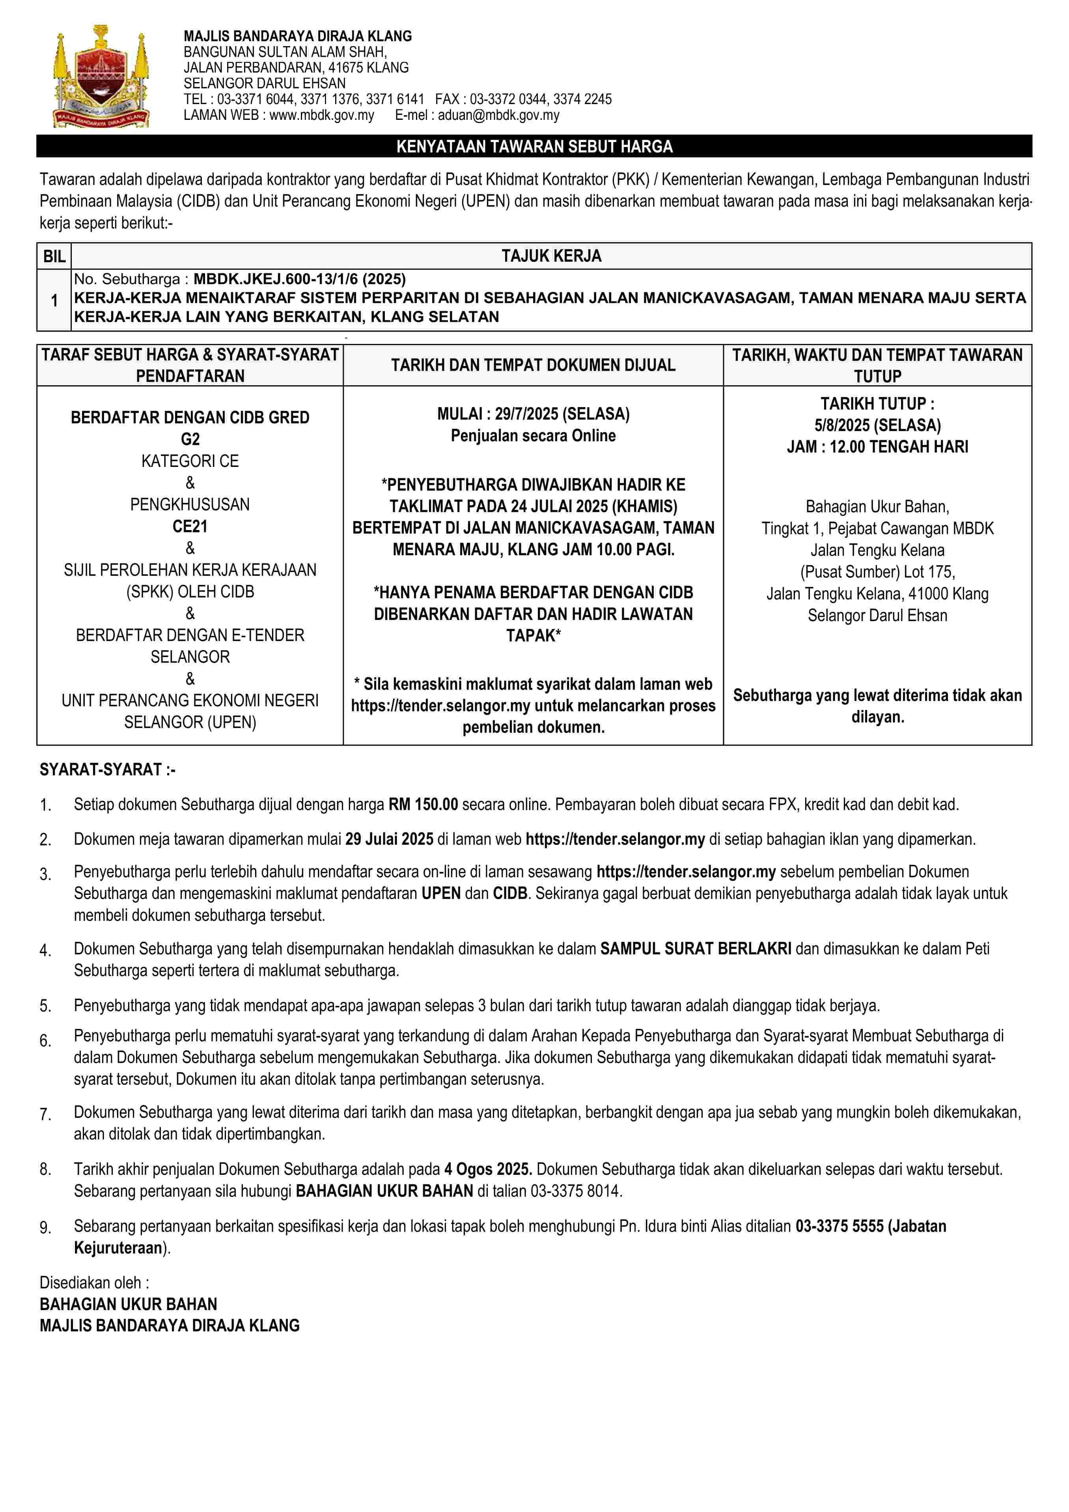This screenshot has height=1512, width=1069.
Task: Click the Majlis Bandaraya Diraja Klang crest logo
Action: point(101,77)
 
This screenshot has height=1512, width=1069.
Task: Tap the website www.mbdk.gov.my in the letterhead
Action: point(321,115)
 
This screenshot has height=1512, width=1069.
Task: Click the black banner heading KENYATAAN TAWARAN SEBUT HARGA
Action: point(534,146)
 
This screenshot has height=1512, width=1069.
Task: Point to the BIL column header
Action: point(54,256)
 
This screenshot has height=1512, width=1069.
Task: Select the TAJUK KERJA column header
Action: point(551,256)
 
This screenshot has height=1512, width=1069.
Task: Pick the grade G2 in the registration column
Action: point(190,439)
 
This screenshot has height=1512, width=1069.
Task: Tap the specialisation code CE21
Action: point(190,526)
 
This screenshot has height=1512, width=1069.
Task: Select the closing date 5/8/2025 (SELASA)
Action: point(877,425)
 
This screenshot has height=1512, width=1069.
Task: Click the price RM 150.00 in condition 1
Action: point(423,804)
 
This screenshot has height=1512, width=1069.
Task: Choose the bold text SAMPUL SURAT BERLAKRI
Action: point(696,948)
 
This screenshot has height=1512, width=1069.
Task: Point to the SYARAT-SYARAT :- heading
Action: point(107,769)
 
